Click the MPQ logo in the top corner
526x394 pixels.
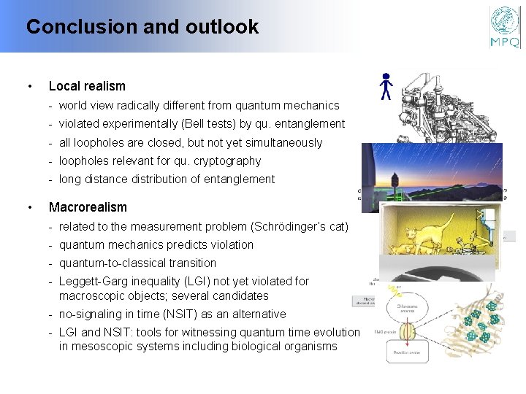505,27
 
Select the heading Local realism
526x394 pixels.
87,86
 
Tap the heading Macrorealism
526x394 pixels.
88,207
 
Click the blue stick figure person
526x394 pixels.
386,86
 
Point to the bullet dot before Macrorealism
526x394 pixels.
28,207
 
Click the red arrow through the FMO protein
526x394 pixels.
407,332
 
